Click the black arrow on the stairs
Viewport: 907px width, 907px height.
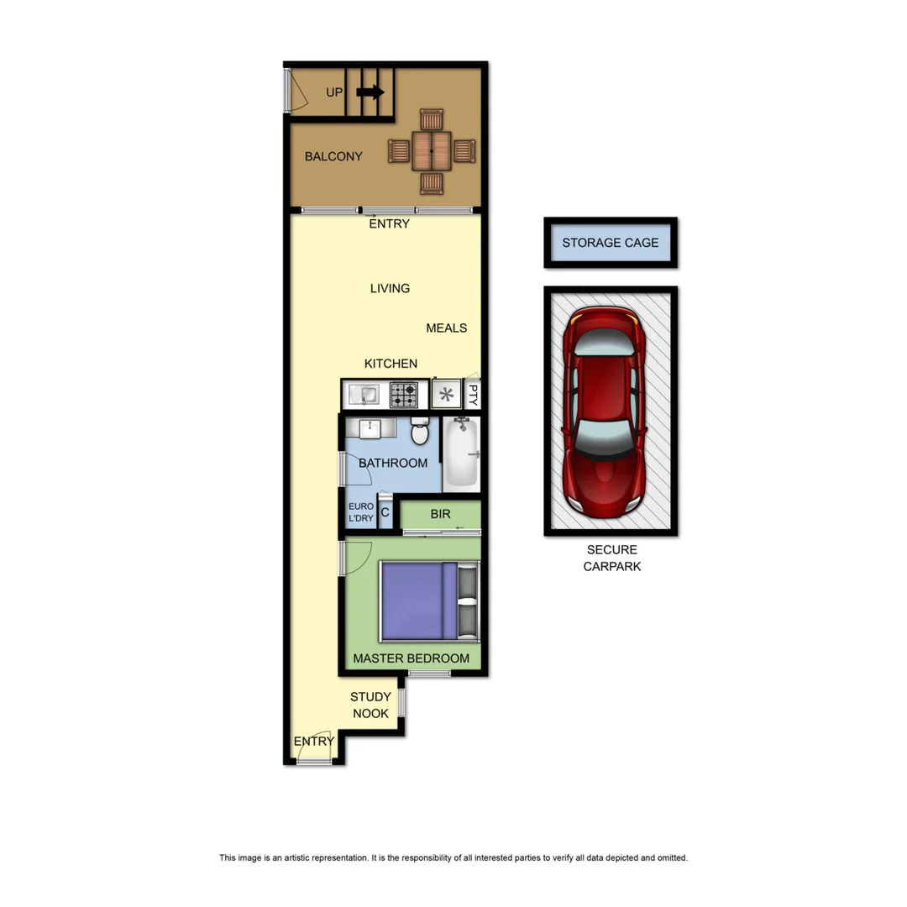pyautogui.click(x=370, y=92)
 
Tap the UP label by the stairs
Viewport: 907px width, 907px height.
pyautogui.click(x=334, y=92)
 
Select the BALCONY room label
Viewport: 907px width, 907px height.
pyautogui.click(x=333, y=156)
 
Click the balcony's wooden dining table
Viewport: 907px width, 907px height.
pyautogui.click(x=432, y=151)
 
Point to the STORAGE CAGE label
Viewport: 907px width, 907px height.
pyautogui.click(x=611, y=243)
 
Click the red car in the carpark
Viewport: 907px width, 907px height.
pyautogui.click(x=604, y=412)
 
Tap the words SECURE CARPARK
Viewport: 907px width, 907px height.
pyautogui.click(x=612, y=558)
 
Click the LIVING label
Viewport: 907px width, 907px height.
pyautogui.click(x=390, y=288)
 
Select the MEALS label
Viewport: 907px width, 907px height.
pyautogui.click(x=446, y=328)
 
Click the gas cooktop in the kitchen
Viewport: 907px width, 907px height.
pyautogui.click(x=404, y=394)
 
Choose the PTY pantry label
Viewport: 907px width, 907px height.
pyautogui.click(x=473, y=394)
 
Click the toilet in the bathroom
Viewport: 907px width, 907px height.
pyautogui.click(x=420, y=433)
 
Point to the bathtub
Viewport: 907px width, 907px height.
pyautogui.click(x=460, y=453)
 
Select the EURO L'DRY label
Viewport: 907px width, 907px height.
pyautogui.click(x=361, y=512)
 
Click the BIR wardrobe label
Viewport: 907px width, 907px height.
pyautogui.click(x=440, y=514)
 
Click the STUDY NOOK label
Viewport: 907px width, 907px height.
pyautogui.click(x=370, y=705)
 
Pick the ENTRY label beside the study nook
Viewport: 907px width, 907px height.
pyautogui.click(x=313, y=741)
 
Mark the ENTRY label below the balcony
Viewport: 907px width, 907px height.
pyautogui.click(x=390, y=223)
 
